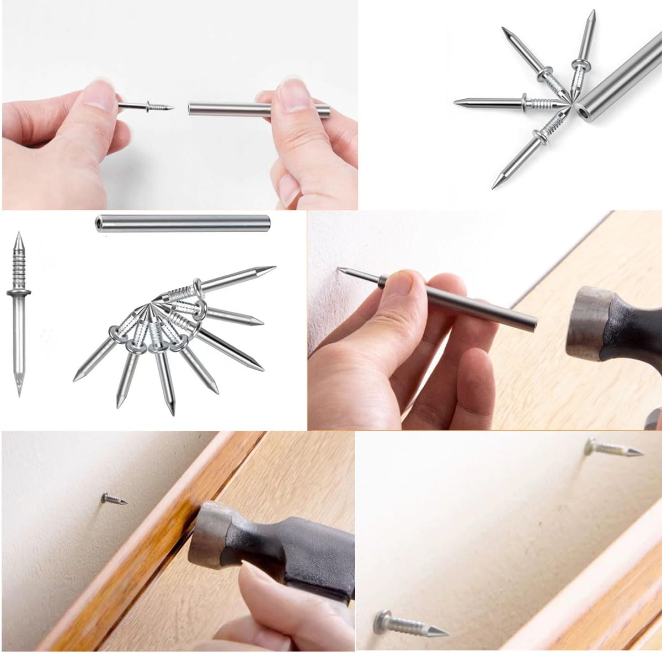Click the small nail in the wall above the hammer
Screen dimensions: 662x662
click(113, 499)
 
